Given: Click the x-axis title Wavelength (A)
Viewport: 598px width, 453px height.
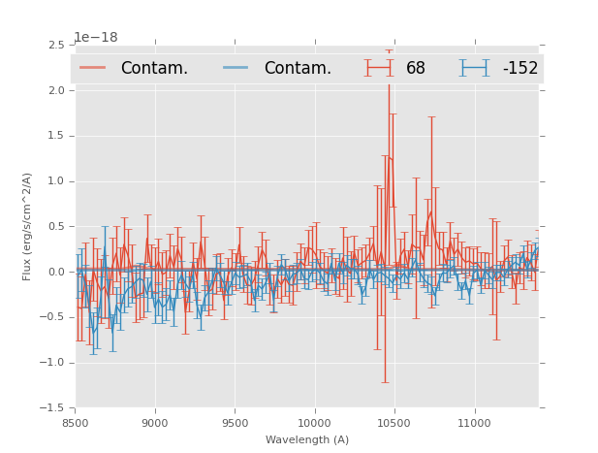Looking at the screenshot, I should coord(306,439).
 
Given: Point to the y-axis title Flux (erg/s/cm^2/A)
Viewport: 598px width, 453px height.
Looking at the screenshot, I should coord(28,226).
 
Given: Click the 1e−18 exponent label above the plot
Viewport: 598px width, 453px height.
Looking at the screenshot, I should coord(96,38).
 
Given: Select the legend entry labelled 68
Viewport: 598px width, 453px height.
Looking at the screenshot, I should coord(415,68).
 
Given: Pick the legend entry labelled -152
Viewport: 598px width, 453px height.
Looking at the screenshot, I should coord(519,68).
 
